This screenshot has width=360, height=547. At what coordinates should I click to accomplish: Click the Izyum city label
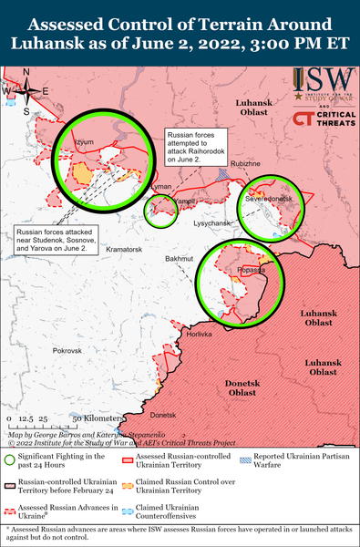(x=84, y=143)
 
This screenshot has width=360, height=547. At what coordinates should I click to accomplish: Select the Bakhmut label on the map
(x=180, y=259)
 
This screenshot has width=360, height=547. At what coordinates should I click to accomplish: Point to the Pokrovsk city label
(x=67, y=350)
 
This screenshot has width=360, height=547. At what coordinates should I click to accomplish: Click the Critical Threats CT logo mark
(x=302, y=118)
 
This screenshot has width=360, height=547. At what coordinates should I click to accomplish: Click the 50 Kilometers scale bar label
(x=91, y=418)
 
